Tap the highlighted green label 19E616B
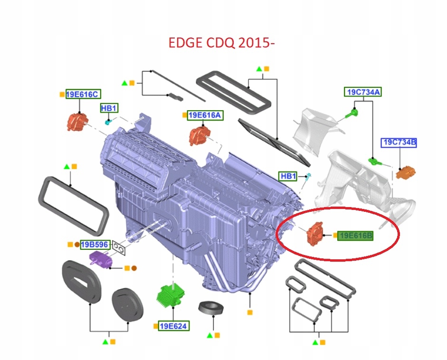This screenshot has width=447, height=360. pyautogui.click(x=356, y=236)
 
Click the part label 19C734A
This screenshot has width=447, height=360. pyautogui.click(x=363, y=92)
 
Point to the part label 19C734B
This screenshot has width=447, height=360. pyautogui.click(x=399, y=142)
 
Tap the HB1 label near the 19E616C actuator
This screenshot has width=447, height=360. pyautogui.click(x=108, y=108)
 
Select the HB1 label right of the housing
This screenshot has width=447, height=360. pyautogui.click(x=288, y=176)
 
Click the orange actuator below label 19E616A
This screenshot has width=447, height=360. pyautogui.click(x=198, y=136)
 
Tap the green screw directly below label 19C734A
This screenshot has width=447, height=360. pyautogui.click(x=352, y=113)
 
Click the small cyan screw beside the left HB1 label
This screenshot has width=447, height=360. pyautogui.click(x=108, y=122)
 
